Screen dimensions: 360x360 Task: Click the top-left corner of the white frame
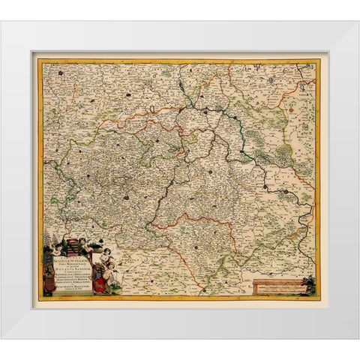tap(2, 22)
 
